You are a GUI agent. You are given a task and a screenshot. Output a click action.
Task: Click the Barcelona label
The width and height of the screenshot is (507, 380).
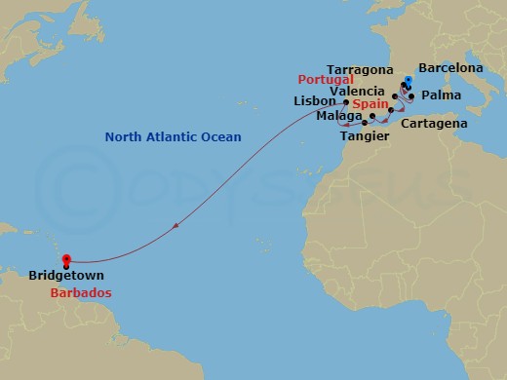[x=449, y=67]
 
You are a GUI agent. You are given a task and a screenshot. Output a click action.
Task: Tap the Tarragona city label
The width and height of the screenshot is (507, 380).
[x=360, y=70]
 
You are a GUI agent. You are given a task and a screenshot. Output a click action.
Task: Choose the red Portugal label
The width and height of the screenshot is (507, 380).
[x=324, y=80]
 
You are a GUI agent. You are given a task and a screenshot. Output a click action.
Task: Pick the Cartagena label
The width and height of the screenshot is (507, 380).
[x=437, y=124]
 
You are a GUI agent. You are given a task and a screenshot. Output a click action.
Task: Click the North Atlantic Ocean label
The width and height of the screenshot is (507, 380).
[x=173, y=136]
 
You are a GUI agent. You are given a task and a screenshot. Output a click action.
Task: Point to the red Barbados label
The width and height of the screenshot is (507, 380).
[x=82, y=292]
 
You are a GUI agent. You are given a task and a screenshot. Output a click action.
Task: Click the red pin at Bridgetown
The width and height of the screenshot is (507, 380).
[x=65, y=260]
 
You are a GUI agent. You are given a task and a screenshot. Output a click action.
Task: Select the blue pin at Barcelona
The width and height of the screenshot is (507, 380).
[x=407, y=80]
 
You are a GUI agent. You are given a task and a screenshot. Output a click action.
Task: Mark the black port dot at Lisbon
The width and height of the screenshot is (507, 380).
[x=346, y=101]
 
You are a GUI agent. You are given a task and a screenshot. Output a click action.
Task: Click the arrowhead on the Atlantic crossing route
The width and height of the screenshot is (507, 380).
[x=175, y=226]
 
